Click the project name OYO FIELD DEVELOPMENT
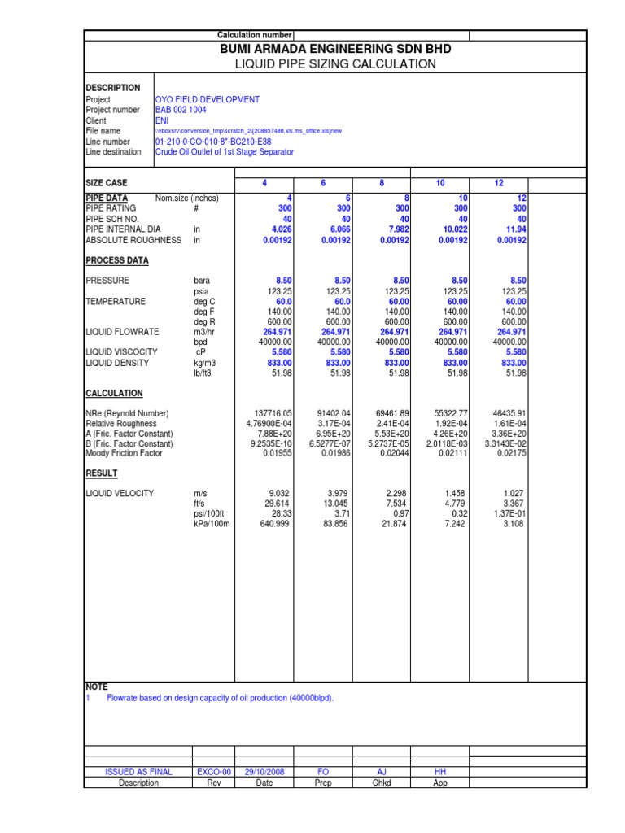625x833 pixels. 208,99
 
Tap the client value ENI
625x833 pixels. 162,120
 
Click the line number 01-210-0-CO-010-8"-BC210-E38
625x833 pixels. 216,142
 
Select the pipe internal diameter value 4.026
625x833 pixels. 278,229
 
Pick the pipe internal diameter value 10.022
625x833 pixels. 453,229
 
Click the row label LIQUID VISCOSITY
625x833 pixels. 122,352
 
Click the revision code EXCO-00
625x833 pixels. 215,772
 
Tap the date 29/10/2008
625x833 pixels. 264,772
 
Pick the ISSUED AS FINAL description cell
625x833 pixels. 138,772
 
